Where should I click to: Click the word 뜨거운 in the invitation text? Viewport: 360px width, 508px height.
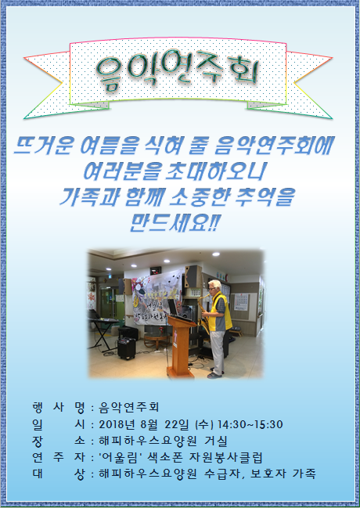click(45, 146)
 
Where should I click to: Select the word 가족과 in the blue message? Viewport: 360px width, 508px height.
click(89, 196)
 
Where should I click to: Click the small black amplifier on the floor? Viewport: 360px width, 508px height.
click(126, 348)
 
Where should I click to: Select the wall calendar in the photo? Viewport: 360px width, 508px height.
click(241, 302)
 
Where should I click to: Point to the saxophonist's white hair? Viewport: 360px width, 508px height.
click(215, 284)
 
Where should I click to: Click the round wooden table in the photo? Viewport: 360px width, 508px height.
click(157, 340)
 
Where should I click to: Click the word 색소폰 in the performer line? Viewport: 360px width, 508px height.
click(164, 457)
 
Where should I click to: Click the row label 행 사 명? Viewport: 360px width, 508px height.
click(59, 407)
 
